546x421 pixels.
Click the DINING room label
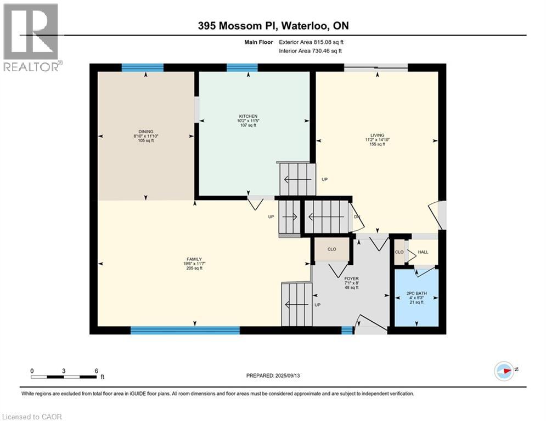click(145, 132)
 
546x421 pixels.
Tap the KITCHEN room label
click(248, 116)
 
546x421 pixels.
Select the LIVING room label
click(377, 135)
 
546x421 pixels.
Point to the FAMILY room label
click(194, 259)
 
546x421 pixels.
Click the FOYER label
click(351, 278)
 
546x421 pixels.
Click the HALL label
click(423, 252)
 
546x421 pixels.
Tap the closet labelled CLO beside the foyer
click(331, 249)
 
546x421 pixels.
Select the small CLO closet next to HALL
click(399, 252)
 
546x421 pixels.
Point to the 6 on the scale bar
click(96, 371)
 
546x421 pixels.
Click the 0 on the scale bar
click(32, 371)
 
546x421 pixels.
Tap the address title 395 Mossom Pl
click(273, 26)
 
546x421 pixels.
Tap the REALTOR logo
click(31, 37)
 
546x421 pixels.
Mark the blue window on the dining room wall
click(142, 67)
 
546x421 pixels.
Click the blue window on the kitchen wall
click(242, 67)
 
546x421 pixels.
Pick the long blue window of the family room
click(185, 330)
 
